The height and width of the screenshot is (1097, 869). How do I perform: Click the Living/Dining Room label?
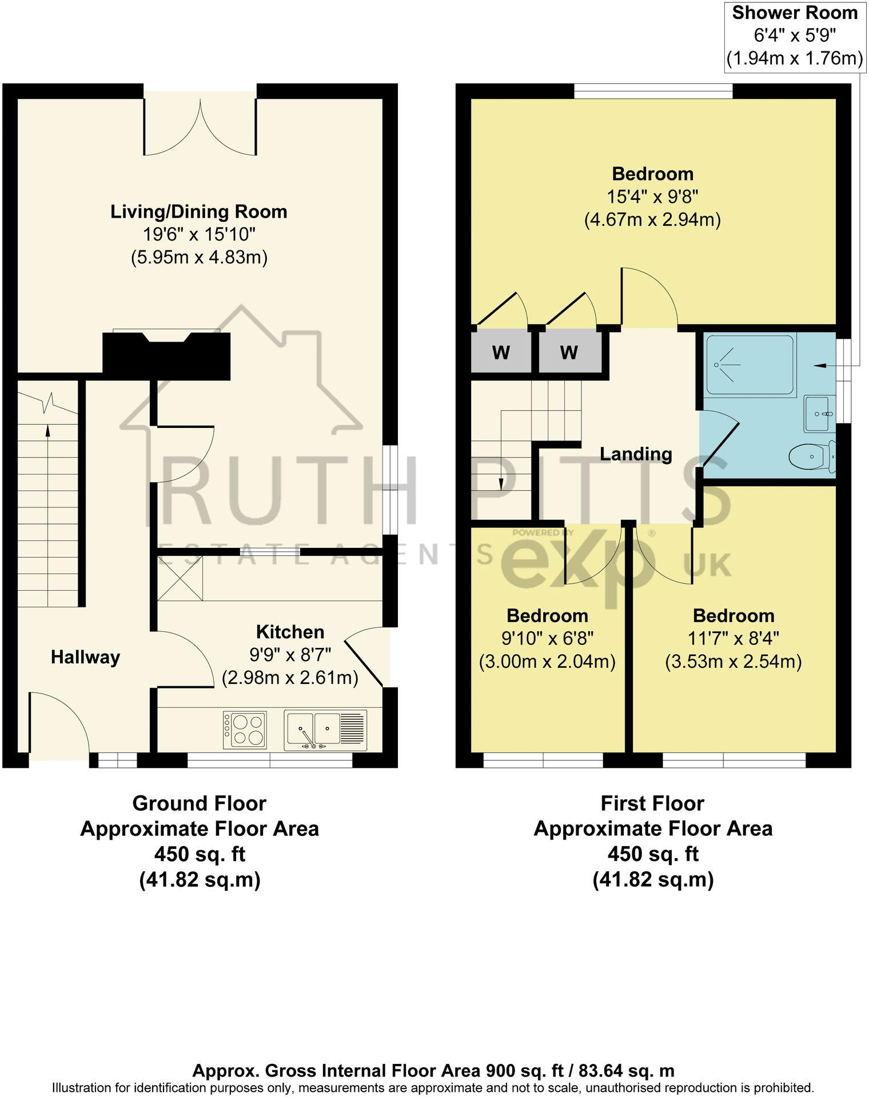[x=198, y=211]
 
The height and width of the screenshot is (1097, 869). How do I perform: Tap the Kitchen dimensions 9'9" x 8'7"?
[x=290, y=655]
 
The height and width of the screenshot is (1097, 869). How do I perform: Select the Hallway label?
[x=85, y=657]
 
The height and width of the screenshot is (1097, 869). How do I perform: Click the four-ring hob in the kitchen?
[x=245, y=730]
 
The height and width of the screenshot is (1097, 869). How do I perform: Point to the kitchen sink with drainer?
[x=325, y=731]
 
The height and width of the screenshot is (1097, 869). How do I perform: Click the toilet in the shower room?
[x=812, y=457]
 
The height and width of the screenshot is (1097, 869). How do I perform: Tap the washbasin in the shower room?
[x=819, y=413]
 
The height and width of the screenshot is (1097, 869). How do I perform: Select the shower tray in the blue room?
[x=750, y=365]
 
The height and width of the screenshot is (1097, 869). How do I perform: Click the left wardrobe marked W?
[x=501, y=353]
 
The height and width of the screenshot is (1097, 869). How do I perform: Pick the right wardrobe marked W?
[x=569, y=353]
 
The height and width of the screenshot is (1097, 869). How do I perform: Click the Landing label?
[x=636, y=454]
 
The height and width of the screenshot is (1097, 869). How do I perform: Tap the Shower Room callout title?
[x=795, y=13]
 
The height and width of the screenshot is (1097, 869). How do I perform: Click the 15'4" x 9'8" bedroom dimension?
[x=652, y=197]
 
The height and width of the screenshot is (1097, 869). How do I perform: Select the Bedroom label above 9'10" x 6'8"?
[x=547, y=615]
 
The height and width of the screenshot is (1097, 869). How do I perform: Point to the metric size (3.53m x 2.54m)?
[x=733, y=662]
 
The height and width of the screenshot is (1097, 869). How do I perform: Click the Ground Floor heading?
[x=199, y=803]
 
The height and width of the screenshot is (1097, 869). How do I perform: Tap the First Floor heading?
[x=652, y=803]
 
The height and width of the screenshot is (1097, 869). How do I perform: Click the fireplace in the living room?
[x=166, y=355]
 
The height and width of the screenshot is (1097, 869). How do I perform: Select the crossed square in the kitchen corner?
[x=180, y=578]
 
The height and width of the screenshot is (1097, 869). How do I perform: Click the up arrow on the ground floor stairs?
[x=47, y=431]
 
